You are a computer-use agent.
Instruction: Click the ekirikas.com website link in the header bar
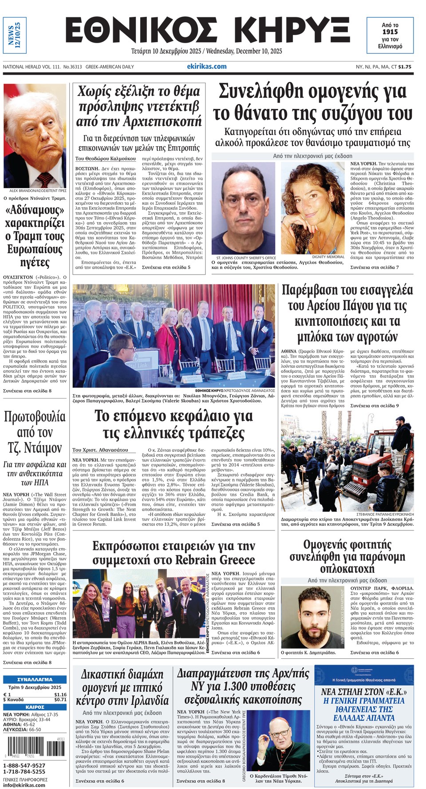click(x=207, y=67)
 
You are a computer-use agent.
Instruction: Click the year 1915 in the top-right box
click(x=390, y=32)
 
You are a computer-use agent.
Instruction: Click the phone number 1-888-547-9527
click(x=24, y=765)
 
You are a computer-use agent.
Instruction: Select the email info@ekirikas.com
click(x=24, y=785)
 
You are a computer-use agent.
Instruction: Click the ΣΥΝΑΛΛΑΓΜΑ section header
click(x=35, y=679)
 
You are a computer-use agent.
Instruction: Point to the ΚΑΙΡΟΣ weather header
click(x=35, y=707)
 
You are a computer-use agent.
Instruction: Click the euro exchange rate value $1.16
click(x=60, y=694)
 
